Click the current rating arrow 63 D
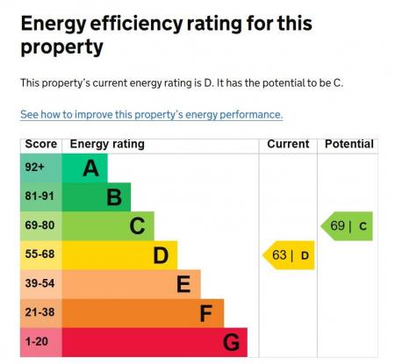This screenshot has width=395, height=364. click(x=289, y=256)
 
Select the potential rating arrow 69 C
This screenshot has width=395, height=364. click(x=348, y=226)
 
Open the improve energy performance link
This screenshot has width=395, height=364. click(x=151, y=115)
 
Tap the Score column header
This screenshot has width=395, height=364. click(x=40, y=144)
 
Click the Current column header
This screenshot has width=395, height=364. click(x=288, y=144)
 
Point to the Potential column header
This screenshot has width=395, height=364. click(x=348, y=144)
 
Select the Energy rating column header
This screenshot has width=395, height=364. click(x=107, y=144)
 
